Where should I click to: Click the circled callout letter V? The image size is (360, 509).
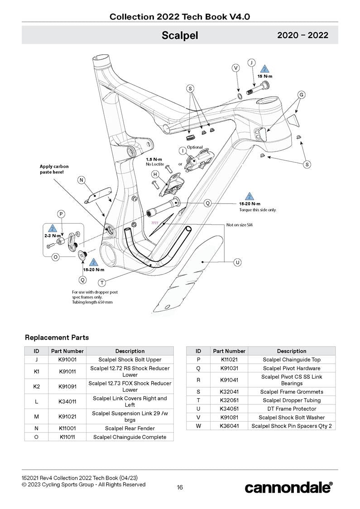click(x=235, y=68)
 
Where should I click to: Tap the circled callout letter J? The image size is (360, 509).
click(x=251, y=62)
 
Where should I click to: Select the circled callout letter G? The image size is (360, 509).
click(x=301, y=95)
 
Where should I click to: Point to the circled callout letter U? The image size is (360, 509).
click(x=236, y=262)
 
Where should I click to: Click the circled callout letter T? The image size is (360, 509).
click(x=102, y=283)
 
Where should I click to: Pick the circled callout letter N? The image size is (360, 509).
click(x=82, y=180)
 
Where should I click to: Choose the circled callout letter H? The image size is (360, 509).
click(x=155, y=174)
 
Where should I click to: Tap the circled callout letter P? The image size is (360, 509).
click(x=61, y=214)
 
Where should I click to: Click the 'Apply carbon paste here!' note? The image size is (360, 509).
click(x=54, y=169)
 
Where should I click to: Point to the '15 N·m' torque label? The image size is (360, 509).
click(x=265, y=76)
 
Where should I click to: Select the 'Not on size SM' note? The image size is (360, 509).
click(x=240, y=225)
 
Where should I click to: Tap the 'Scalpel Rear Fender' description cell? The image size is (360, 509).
click(x=130, y=428)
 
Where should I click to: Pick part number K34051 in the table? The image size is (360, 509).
click(x=229, y=409)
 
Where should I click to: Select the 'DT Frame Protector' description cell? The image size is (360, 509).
click(x=292, y=409)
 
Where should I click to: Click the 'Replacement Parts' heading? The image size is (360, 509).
click(x=57, y=338)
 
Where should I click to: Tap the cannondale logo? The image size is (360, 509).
click(x=288, y=487)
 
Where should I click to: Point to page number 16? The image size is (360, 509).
click(x=180, y=487)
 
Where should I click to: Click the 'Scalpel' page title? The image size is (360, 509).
click(x=180, y=35)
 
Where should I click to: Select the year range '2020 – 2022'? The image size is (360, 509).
click(x=302, y=35)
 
